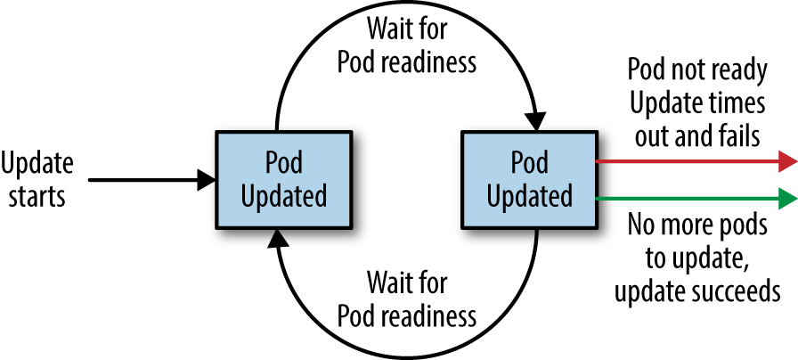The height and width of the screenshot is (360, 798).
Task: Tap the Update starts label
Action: coord(37,178)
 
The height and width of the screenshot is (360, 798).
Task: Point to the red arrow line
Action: coord(686,161)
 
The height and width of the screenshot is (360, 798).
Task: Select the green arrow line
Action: coord(686,198)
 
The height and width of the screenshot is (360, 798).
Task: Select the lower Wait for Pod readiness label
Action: coord(407,300)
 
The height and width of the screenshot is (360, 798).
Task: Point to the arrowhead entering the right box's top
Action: coord(536,121)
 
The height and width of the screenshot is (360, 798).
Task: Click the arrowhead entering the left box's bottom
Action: coord(279,236)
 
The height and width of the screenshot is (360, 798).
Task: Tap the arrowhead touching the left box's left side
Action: coord(208,180)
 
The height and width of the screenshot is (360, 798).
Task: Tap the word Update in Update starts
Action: coord(37,163)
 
